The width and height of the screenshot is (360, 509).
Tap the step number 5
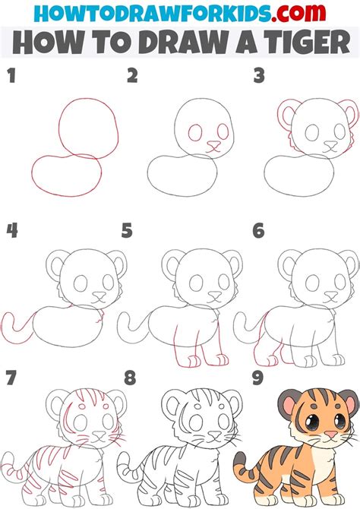tap(127, 229)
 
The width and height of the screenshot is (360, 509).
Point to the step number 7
tap(11, 378)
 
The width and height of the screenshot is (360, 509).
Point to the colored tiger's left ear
tap(288, 400)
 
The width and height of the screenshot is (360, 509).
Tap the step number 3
tap(259, 75)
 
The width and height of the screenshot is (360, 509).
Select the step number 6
tap(259, 229)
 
